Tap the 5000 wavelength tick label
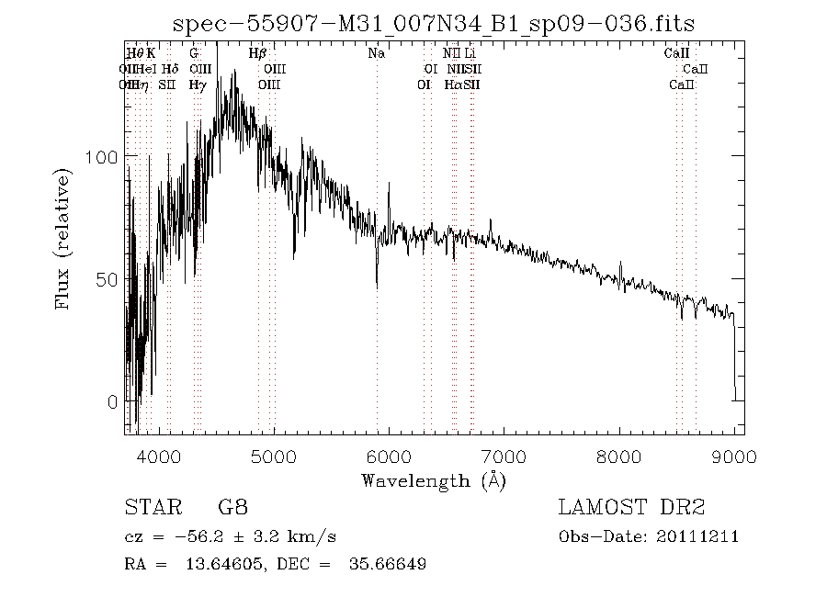point(274,456)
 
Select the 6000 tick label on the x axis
point(389,456)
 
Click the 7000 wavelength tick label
point(504,456)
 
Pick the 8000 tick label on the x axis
point(618,456)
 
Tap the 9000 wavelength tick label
point(733,456)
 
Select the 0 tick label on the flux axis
point(112,402)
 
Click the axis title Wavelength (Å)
point(434,480)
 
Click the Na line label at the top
point(376,53)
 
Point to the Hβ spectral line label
point(258,53)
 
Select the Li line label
point(470,53)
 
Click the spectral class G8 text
point(232,507)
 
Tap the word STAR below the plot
point(150,507)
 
